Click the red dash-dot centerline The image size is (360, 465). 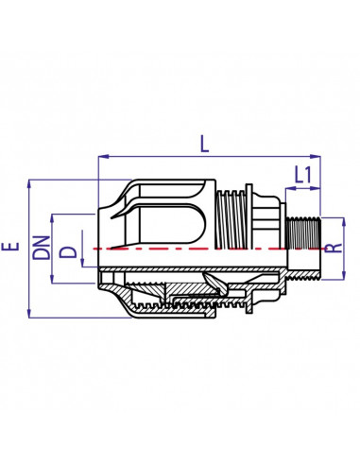pyautogui.click(x=189, y=248)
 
